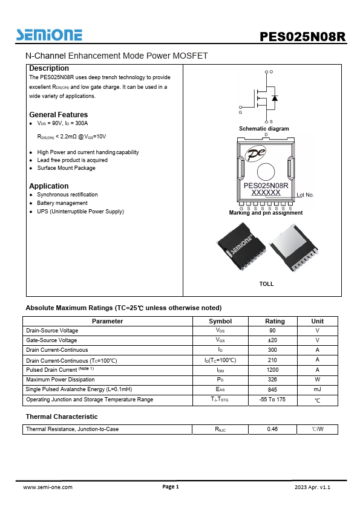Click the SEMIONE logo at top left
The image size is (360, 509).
[50, 34]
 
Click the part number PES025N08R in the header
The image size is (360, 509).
[303, 36]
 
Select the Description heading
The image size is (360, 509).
[49, 68]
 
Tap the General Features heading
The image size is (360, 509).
[58, 115]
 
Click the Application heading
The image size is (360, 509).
[49, 186]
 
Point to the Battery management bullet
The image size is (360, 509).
[62, 203]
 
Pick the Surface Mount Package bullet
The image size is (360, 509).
[66, 168]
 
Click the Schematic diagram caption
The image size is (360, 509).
[264, 129]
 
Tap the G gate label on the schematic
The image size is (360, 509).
[240, 112]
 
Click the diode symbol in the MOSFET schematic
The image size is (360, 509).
[274, 97]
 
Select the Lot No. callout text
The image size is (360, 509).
[305, 195]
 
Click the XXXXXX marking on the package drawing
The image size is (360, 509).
[266, 192]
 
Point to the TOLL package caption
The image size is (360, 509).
[266, 284]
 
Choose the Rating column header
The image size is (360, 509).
[275, 321]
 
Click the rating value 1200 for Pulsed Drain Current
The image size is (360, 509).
[272, 369]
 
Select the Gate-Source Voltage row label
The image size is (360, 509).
[51, 340]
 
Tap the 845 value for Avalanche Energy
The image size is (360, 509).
[272, 389]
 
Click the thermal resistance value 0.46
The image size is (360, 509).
[272, 429]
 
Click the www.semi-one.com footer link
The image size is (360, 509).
[48, 487]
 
